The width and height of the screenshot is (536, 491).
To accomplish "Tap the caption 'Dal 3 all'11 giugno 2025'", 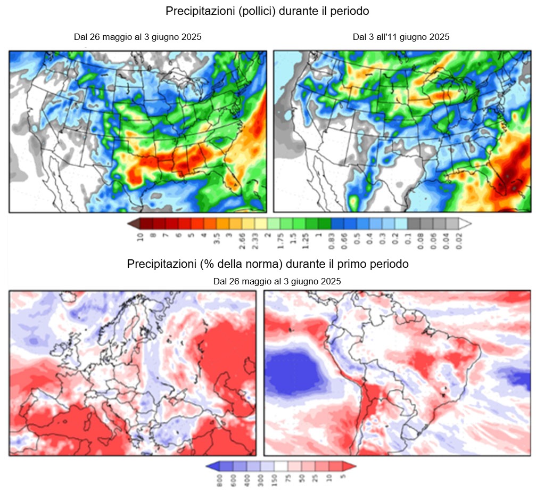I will click(x=401, y=37).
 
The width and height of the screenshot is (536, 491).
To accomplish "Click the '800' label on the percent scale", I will click(x=217, y=480).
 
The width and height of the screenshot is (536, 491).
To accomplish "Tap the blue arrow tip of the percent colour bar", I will click(x=209, y=467).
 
